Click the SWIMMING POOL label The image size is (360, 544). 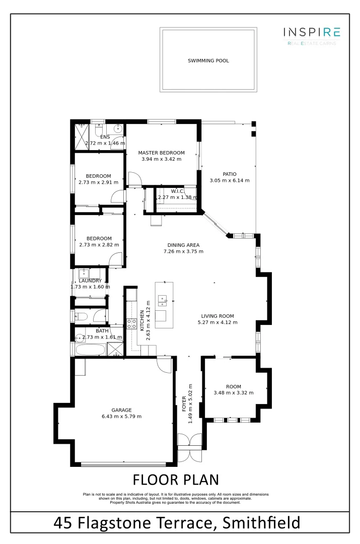[x=208, y=61]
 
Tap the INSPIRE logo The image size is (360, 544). [x=312, y=33]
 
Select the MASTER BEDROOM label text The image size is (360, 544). [x=161, y=153]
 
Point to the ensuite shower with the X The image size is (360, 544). [x=81, y=137]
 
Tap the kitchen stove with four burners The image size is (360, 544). [x=132, y=324]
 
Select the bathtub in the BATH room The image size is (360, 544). [x=91, y=350]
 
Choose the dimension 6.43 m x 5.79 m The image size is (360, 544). [x=121, y=417]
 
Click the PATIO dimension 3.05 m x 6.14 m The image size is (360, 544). [x=229, y=180]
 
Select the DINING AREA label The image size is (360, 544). [x=183, y=245]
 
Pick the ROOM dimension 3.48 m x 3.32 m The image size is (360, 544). [x=233, y=393]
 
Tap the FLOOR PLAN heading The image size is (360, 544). [x=175, y=479]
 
